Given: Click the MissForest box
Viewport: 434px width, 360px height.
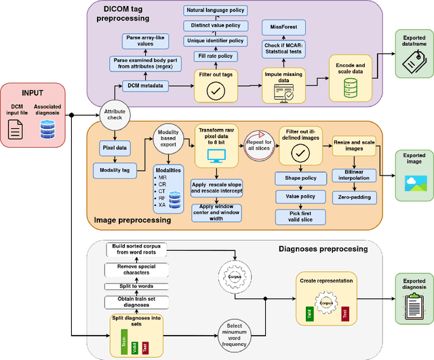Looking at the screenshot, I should pyautogui.click(x=284, y=28).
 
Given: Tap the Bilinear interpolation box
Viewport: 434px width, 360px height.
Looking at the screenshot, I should pyautogui.click(x=353, y=176).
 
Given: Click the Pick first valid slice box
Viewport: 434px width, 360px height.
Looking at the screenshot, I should pyautogui.click(x=301, y=217).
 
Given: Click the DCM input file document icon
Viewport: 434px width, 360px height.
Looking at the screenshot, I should pyautogui.click(x=16, y=129).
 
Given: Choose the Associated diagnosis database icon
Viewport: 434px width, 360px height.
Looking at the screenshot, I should pyautogui.click(x=47, y=129).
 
